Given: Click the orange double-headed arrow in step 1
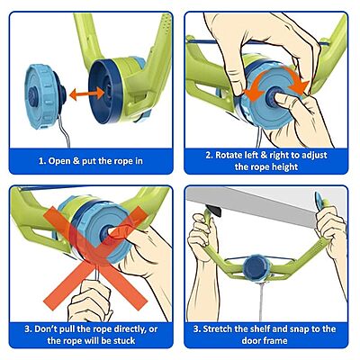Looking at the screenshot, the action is coord(87,94).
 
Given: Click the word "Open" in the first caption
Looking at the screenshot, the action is coord(59,161).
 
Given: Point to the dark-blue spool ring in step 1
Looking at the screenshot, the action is coord(105,91).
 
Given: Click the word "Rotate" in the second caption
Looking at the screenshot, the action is coord(230,155).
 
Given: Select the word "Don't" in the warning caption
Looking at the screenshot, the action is coord(45,328).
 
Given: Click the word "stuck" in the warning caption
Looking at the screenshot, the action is coord(124,341).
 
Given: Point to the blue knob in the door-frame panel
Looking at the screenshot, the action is coord(257,266).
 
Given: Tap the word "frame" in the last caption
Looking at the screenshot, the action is coord(275,341).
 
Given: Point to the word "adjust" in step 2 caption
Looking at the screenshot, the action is coord(313,156).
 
